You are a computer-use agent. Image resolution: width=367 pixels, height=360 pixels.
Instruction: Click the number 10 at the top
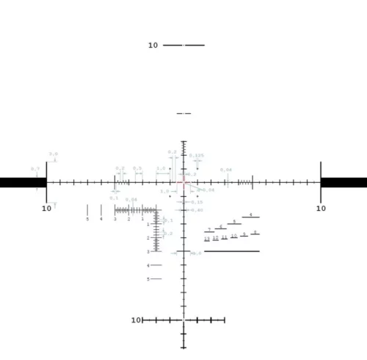pyautogui.click(x=153, y=46)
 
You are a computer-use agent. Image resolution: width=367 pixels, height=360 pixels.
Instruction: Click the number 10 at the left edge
pyautogui.click(x=46, y=209)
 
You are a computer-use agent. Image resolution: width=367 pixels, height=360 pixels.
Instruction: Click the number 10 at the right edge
pyautogui.click(x=321, y=209)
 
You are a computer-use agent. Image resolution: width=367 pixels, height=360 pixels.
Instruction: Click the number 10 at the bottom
pyautogui.click(x=136, y=320)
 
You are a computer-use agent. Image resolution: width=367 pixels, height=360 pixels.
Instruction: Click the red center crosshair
pyautogui.click(x=183, y=182)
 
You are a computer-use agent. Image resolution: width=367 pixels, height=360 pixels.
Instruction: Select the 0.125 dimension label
pyautogui.click(x=197, y=156)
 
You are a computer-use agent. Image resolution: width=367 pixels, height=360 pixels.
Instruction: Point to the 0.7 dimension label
pyautogui.click(x=35, y=169)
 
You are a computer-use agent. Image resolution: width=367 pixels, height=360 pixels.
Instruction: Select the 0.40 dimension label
pyautogui.click(x=197, y=210)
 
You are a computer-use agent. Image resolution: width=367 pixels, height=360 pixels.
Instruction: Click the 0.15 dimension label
pyautogui.click(x=197, y=202)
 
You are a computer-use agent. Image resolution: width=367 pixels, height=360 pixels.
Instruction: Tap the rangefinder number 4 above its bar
pyautogui.click(x=250, y=215)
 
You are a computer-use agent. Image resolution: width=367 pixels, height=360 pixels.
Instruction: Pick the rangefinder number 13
pyautogui.click(x=207, y=239)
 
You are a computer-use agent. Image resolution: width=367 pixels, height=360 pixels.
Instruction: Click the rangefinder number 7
pyautogui.click(x=209, y=230)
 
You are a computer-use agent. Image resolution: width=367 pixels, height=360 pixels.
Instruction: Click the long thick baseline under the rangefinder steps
pyautogui.click(x=231, y=251)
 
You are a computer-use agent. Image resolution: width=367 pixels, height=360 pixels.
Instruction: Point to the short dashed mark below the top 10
pyautogui.click(x=183, y=114)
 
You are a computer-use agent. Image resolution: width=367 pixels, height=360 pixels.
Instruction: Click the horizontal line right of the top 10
pyautogui.click(x=183, y=46)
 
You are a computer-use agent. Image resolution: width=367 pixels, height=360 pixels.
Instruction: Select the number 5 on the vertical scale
pyautogui.click(x=148, y=279)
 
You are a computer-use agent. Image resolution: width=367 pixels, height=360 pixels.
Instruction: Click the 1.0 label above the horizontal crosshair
pyautogui.click(x=161, y=168)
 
